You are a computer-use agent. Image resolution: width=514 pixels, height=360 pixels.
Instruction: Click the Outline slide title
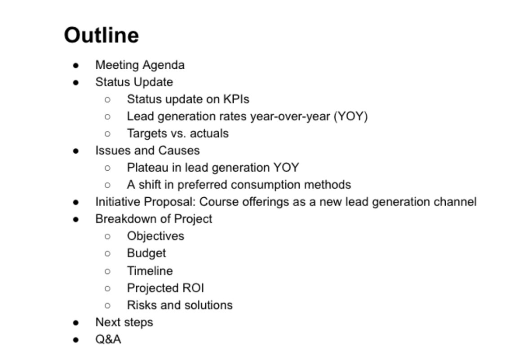(x=101, y=35)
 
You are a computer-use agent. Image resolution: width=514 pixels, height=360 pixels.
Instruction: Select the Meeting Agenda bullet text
(x=140, y=65)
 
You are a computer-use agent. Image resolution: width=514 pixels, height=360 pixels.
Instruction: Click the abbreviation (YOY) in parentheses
(x=350, y=116)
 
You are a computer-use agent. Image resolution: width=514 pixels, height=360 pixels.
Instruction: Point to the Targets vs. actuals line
(x=177, y=133)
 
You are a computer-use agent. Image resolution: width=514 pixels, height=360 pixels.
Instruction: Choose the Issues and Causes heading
(x=147, y=151)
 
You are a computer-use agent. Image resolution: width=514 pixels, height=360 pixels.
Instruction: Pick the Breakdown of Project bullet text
(x=154, y=219)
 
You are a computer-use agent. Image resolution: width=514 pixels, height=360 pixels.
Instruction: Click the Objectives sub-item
(x=155, y=236)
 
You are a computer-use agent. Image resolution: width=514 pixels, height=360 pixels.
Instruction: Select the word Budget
(x=146, y=253)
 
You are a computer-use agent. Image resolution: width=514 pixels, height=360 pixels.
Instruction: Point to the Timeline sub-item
(x=150, y=271)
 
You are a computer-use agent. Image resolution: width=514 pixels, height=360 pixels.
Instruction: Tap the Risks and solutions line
(x=180, y=305)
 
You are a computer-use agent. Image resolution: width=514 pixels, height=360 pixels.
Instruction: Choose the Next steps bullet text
(x=124, y=322)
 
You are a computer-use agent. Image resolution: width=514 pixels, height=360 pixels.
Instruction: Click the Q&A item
(x=108, y=339)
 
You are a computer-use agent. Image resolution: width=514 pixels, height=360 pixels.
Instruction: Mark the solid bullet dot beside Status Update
(x=76, y=83)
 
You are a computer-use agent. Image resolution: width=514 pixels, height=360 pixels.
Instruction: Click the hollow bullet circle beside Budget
(x=107, y=253)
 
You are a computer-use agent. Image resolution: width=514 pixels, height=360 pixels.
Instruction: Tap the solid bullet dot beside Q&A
(x=76, y=340)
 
